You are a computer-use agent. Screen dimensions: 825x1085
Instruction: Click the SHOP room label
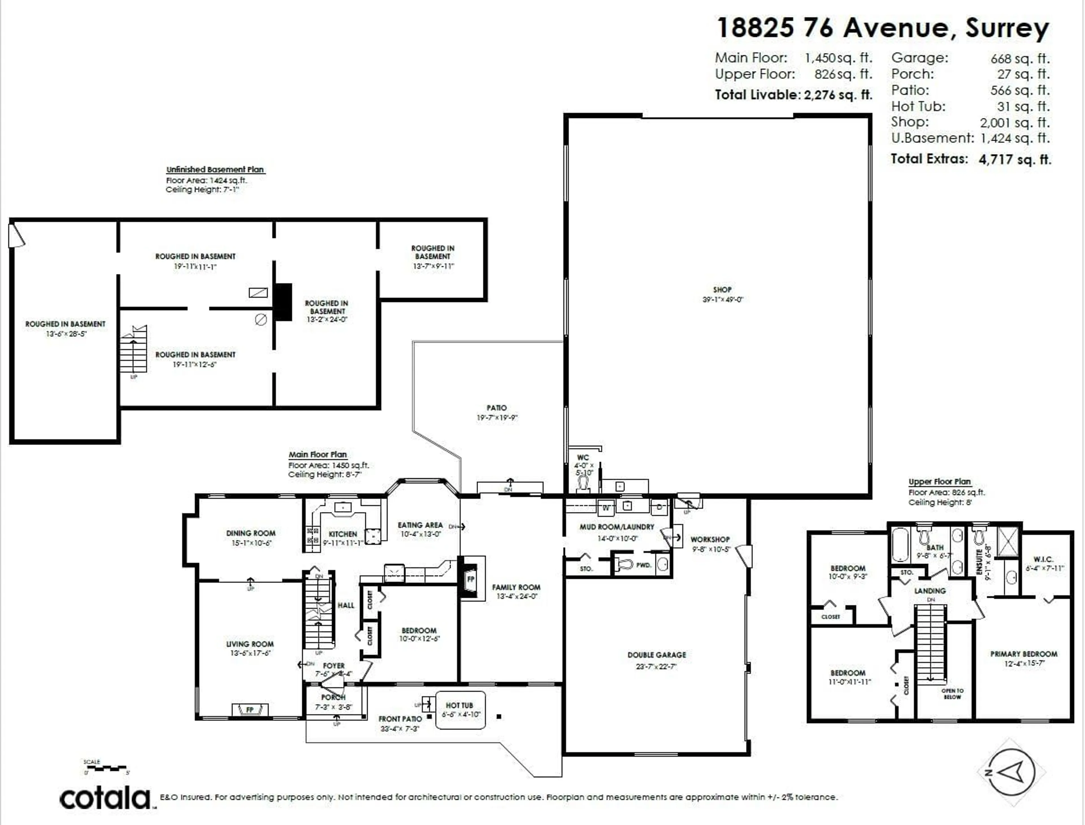tap(722, 290)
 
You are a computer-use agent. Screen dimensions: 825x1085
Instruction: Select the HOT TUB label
tap(459, 705)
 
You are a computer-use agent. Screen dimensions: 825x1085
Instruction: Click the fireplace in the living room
tap(250, 710)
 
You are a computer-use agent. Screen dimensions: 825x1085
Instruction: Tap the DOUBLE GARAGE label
tap(657, 655)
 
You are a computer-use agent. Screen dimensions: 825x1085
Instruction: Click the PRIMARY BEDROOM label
tap(1024, 654)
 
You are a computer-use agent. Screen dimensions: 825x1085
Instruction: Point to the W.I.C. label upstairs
tap(1043, 559)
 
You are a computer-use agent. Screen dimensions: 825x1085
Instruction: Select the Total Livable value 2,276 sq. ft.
tap(838, 95)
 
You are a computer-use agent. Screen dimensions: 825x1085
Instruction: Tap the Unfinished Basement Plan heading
tap(215, 169)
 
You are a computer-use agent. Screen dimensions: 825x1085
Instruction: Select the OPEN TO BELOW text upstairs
tap(952, 694)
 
